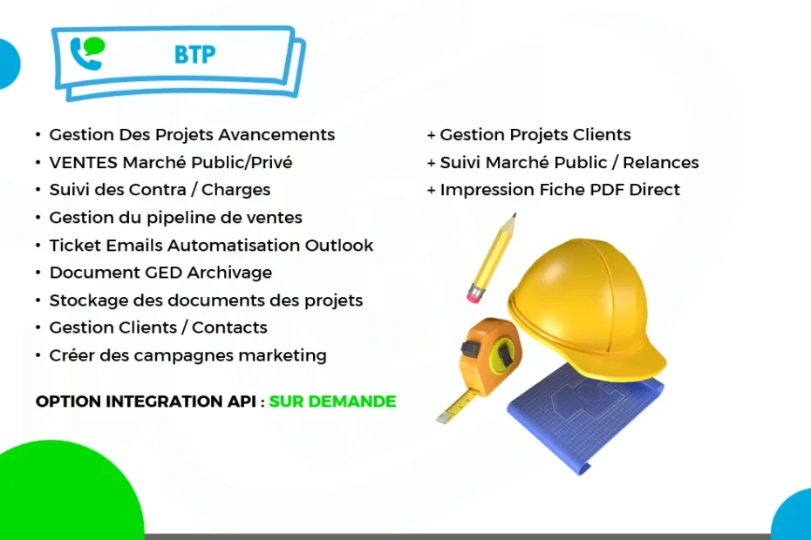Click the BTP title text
(194, 54)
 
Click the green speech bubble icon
(95, 46)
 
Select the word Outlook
(338, 245)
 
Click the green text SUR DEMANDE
(332, 402)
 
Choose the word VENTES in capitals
(83, 162)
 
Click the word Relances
(660, 162)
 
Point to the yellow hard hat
(587, 305)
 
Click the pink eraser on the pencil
(475, 295)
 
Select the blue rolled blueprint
(585, 417)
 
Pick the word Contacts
(229, 327)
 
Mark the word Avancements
(276, 135)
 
